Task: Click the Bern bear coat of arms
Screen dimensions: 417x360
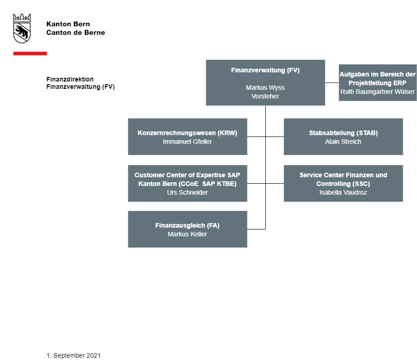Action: pyautogui.click(x=22, y=28)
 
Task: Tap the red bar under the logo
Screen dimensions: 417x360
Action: pyautogui.click(x=30, y=54)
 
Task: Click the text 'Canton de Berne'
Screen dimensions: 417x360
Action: pyautogui.click(x=76, y=33)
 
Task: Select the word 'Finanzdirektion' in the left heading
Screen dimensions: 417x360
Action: pyautogui.click(x=70, y=79)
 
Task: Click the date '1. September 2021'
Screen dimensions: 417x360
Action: pyautogui.click(x=74, y=355)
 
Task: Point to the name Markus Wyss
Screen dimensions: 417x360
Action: pyautogui.click(x=265, y=87)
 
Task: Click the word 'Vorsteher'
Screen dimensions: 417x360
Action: pyautogui.click(x=265, y=96)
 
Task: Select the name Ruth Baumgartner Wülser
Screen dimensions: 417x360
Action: pyautogui.click(x=378, y=92)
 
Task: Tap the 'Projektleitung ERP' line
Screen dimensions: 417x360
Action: pyautogui.click(x=378, y=83)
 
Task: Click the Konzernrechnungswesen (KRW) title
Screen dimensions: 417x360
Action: pyautogui.click(x=187, y=133)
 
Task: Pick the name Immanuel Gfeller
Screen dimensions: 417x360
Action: pyautogui.click(x=187, y=142)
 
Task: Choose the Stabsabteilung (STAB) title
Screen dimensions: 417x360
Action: pyautogui.click(x=343, y=133)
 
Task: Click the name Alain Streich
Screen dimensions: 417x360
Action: pyautogui.click(x=343, y=142)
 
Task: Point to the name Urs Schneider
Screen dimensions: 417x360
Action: pyautogui.click(x=187, y=192)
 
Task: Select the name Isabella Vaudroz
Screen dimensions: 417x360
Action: pyautogui.click(x=343, y=192)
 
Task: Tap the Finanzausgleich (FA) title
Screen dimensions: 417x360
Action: pyautogui.click(x=187, y=225)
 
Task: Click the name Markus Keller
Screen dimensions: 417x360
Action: pyautogui.click(x=187, y=234)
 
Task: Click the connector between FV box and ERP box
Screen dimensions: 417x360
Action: pyautogui.click(x=332, y=83)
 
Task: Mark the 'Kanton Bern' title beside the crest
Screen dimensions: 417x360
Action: pyautogui.click(x=68, y=24)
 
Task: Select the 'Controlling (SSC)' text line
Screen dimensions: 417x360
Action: pyautogui.click(x=343, y=184)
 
